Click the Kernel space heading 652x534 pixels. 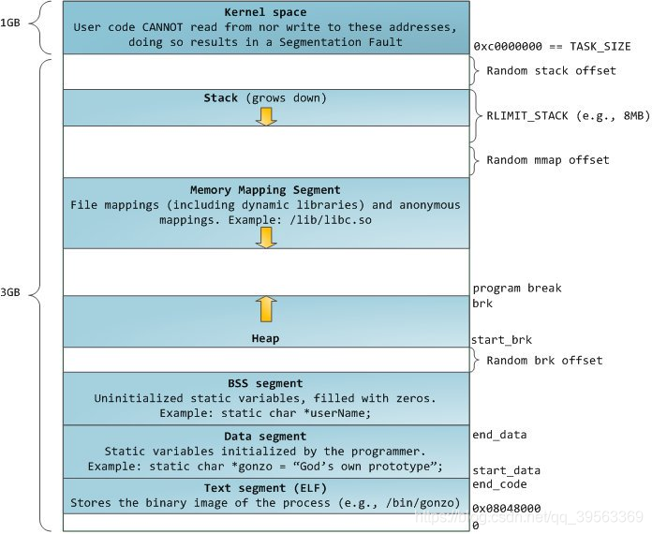[x=265, y=11]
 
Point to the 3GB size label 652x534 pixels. [x=11, y=292]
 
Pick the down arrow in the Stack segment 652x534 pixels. [x=266, y=115]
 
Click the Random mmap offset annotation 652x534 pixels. [x=548, y=160]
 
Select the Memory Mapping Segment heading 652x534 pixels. [x=265, y=190]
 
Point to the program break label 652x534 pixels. [x=517, y=289]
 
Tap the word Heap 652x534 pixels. [x=265, y=337]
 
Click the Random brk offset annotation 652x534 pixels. [x=544, y=361]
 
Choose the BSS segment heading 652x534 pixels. [x=265, y=383]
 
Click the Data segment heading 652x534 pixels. [x=265, y=437]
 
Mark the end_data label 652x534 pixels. [x=499, y=435]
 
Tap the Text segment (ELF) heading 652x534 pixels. [x=265, y=489]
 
